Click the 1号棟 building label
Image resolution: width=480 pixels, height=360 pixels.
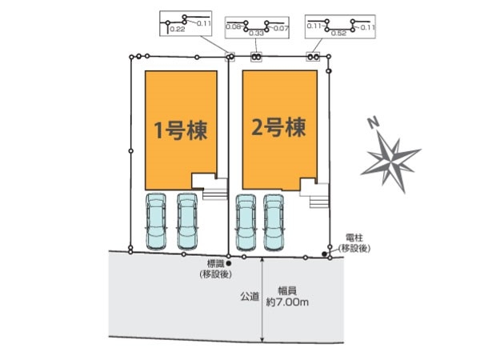[x=181, y=130]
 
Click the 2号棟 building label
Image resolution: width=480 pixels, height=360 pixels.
[x=278, y=127]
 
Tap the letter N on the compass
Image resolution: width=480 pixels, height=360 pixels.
[x=374, y=122]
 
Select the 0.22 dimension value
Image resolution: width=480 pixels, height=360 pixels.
[x=178, y=30]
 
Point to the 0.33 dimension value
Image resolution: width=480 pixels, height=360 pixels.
[x=256, y=33]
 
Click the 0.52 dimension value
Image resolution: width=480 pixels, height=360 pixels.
[x=338, y=33]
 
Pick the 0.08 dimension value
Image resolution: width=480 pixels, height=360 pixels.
[x=234, y=26]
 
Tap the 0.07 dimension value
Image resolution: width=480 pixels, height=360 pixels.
[x=281, y=29]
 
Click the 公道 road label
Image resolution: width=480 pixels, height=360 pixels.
[x=250, y=296]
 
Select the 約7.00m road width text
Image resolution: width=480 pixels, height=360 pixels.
[x=287, y=302]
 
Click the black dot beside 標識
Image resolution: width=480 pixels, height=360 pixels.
[x=228, y=263]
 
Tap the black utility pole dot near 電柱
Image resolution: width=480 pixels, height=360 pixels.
[x=324, y=254]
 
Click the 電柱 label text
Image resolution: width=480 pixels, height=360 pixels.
[x=354, y=238]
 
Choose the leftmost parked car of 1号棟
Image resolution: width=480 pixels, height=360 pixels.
[x=156, y=222]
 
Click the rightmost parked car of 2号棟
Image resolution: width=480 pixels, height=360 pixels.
[x=274, y=223]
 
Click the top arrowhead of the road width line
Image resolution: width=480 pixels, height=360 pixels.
[x=262, y=259]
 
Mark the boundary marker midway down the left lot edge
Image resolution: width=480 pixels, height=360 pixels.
[x=131, y=151]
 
